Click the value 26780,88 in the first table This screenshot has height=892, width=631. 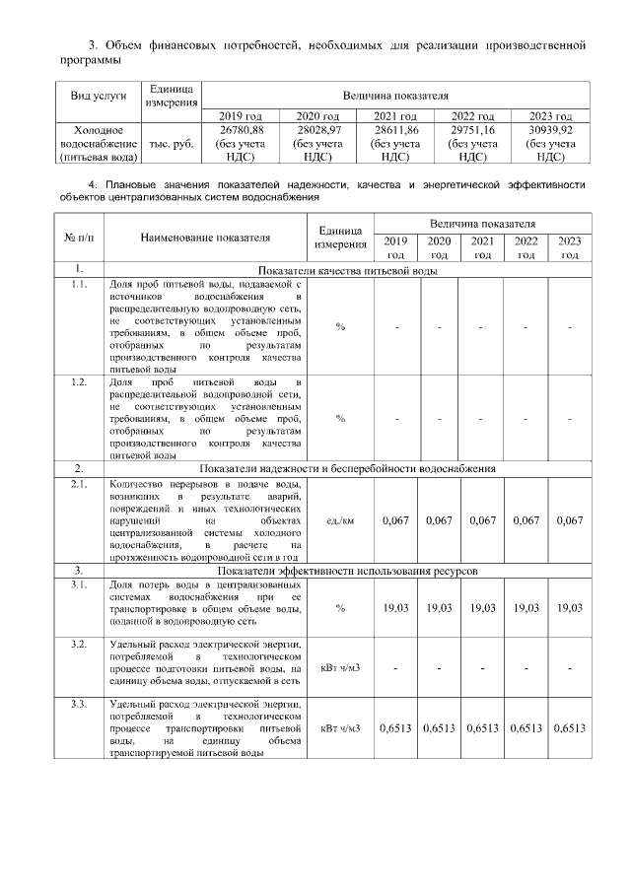[242, 129]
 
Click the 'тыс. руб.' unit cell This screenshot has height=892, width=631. [171, 142]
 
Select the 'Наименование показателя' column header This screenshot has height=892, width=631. [205, 238]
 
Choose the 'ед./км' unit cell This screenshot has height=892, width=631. [340, 520]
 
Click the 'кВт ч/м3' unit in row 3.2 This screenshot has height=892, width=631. [340, 667]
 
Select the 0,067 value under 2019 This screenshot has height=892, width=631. [395, 520]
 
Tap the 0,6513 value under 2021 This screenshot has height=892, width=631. [483, 728]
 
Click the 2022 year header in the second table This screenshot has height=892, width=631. [526, 246]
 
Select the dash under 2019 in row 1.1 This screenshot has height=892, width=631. [395, 326]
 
